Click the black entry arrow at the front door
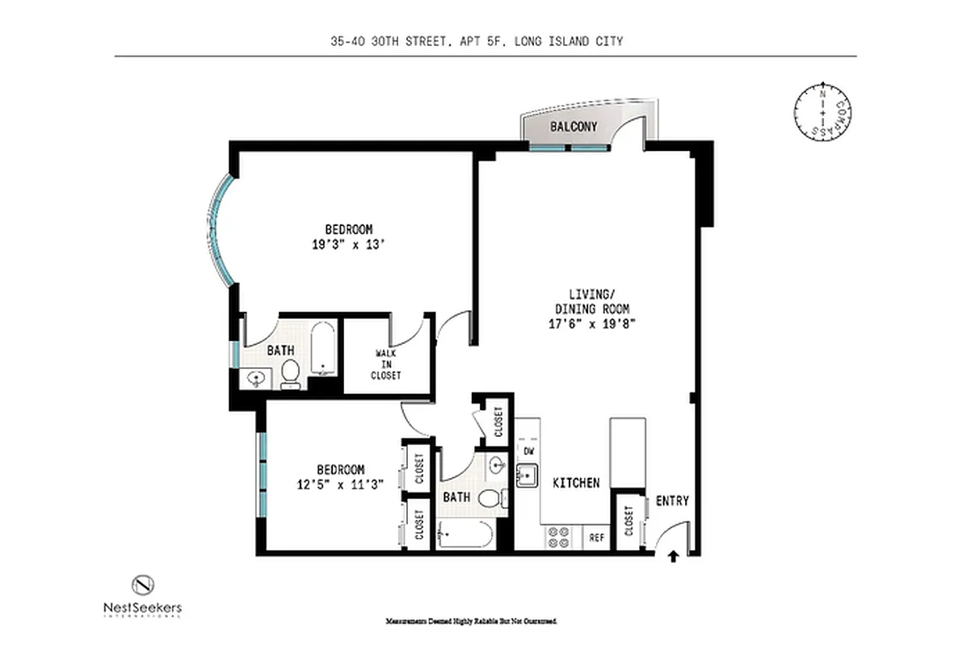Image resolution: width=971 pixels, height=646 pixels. pos(675,556)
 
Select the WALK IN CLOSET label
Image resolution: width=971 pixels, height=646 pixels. pos(385,364)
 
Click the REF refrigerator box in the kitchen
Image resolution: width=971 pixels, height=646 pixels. pos(597,537)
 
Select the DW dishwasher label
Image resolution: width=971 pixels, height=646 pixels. pos(529,451)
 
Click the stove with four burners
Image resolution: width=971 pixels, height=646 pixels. pos(559,538)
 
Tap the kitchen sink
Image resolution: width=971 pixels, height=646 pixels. pos(528,476)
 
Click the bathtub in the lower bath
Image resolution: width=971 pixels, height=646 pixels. pos(464,535)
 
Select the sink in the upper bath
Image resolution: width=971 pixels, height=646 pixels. pos(258,377)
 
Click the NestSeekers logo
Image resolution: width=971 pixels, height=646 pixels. pos(142,596)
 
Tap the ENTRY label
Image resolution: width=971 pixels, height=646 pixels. pos(672,501)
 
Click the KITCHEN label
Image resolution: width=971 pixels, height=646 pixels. pos(576,483)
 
